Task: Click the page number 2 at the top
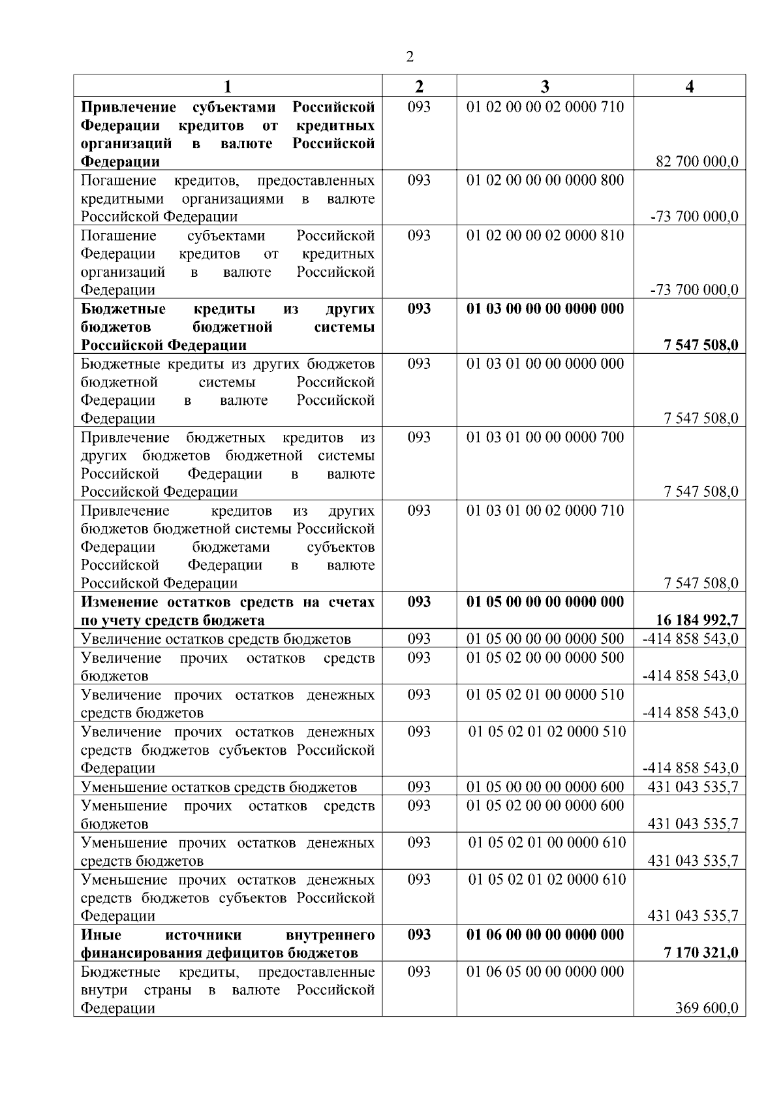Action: pyautogui.click(x=410, y=57)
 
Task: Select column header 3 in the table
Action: pyautogui.click(x=545, y=87)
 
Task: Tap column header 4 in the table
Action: pyautogui.click(x=690, y=87)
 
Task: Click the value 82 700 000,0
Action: pyautogui.click(x=697, y=162)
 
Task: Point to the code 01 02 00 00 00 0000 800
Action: pyautogui.click(x=545, y=180)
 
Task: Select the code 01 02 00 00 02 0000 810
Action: pyautogui.click(x=545, y=235)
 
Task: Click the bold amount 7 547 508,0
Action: pyautogui.click(x=701, y=345)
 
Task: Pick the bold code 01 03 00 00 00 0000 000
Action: pyautogui.click(x=545, y=309)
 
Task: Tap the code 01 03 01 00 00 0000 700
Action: pyautogui.click(x=545, y=437)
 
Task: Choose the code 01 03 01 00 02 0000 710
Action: pyautogui.click(x=545, y=511)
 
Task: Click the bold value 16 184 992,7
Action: pyautogui.click(x=697, y=620)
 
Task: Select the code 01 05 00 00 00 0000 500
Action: pyautogui.click(x=545, y=639)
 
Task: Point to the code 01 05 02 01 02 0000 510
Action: pyautogui.click(x=547, y=732)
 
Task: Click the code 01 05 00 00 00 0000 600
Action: pyautogui.click(x=545, y=787)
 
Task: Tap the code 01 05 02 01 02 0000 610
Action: pyautogui.click(x=547, y=879)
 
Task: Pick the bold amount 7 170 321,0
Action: pyautogui.click(x=701, y=953)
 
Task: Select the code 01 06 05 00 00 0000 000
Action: pyautogui.click(x=545, y=972)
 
